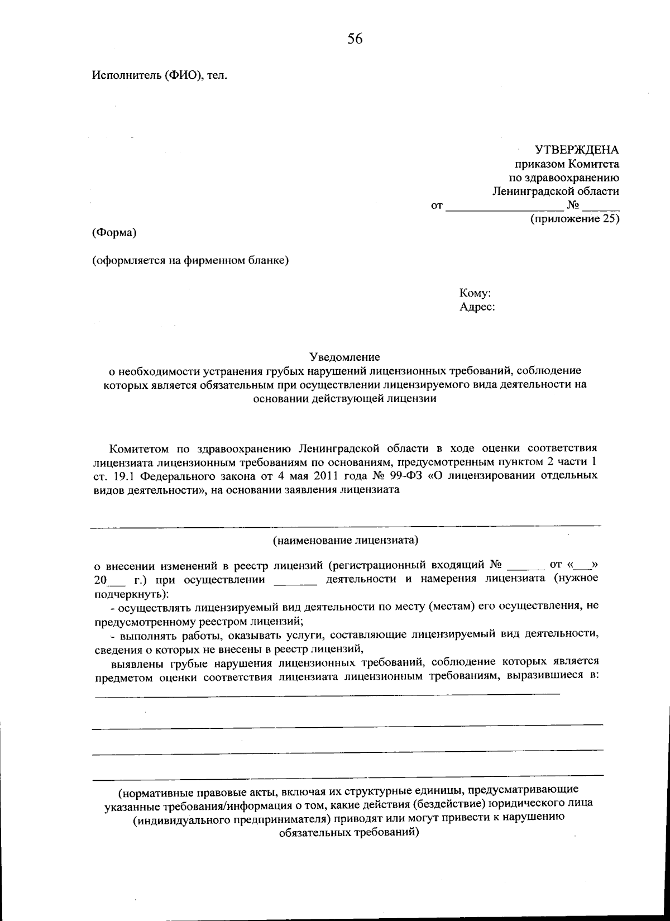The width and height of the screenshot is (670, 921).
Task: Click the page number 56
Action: [x=355, y=39]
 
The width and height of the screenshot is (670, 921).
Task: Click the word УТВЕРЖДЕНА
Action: [x=577, y=150]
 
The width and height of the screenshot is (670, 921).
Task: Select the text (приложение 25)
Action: [x=575, y=219]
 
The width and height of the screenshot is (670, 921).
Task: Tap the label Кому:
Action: [x=475, y=293]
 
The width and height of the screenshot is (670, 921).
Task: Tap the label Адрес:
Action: [x=477, y=307]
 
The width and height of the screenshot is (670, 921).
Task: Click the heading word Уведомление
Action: [x=344, y=356]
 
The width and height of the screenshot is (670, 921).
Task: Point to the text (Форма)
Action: [x=114, y=232]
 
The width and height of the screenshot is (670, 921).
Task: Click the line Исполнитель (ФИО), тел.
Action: [x=160, y=75]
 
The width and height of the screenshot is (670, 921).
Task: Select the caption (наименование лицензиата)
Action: [x=346, y=540]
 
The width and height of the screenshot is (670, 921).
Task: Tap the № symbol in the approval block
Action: [x=572, y=205]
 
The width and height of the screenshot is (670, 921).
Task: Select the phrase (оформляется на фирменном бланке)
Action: [x=190, y=260]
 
